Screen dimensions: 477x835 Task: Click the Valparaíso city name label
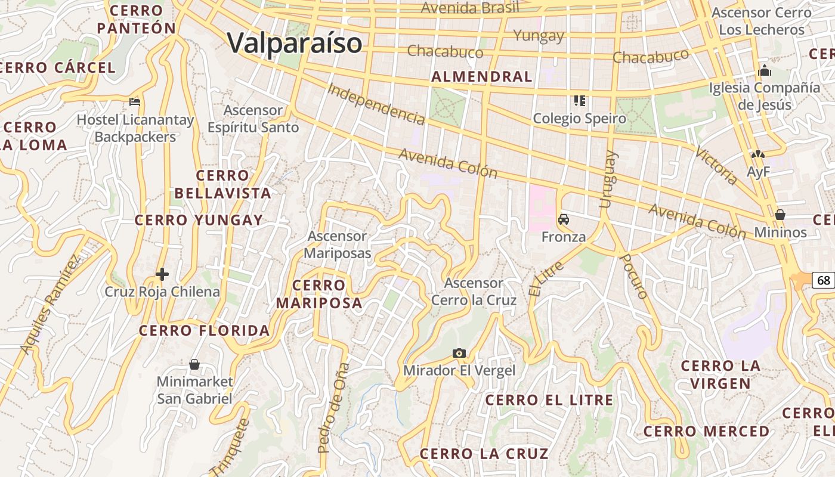point(295,43)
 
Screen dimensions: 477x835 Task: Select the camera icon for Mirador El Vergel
point(459,353)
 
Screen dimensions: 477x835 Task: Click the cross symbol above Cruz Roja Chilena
point(162,274)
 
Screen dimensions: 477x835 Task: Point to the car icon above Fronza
point(563,219)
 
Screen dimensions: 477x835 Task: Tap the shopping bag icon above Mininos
point(780,214)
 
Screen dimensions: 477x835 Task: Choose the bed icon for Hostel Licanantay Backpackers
point(135,101)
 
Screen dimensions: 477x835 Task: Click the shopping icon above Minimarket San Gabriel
point(194,364)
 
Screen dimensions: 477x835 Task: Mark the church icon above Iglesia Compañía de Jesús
point(764,70)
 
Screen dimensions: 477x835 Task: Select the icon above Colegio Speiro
point(579,100)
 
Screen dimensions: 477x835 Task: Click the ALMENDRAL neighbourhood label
point(481,76)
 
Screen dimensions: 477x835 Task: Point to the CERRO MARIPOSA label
point(319,294)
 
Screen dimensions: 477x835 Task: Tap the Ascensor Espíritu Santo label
point(253,119)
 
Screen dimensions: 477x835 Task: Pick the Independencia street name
point(376,104)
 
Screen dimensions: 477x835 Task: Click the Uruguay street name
point(608,179)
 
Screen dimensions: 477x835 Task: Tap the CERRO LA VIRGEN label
point(720,374)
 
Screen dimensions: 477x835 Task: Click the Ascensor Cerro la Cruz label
point(474,292)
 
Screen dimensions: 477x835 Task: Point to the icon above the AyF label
point(758,154)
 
